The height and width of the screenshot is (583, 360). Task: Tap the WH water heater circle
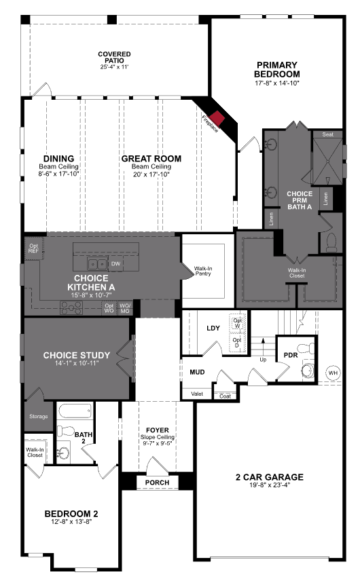coord(333,373)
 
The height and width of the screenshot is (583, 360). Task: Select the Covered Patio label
coord(114,57)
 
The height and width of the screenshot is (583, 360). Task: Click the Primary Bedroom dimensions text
coord(276,83)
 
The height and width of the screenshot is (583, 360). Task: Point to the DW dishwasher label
coord(115,263)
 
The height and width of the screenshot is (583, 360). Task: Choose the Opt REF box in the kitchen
coord(33,248)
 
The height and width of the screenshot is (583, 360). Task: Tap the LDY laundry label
coord(213,328)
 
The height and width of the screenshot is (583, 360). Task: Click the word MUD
coord(197,373)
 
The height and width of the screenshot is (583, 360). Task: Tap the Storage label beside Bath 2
coord(38,416)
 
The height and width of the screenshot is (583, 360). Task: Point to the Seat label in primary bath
coord(327,134)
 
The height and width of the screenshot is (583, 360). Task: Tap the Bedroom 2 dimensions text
coord(72,521)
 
